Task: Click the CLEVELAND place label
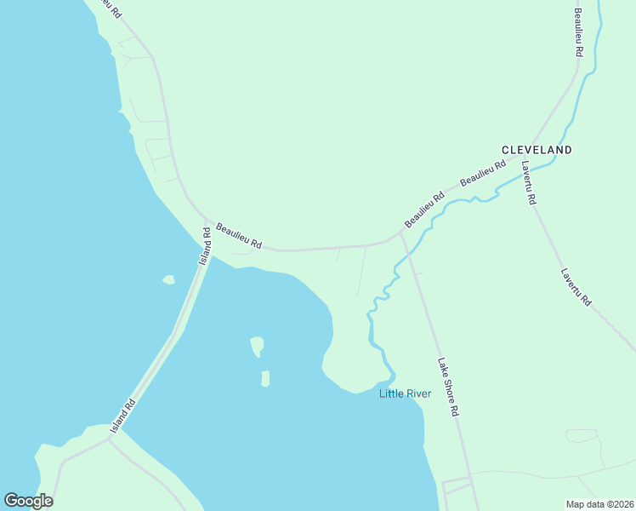point(537,150)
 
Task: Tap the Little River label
point(406,393)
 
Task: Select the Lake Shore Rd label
point(448,387)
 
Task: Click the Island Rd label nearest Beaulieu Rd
point(205,245)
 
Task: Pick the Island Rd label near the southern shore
point(124,416)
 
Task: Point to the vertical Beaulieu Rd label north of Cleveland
point(578,32)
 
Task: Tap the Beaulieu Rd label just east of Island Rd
point(238,236)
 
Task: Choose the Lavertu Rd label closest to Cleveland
point(529,182)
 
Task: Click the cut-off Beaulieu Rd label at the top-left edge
point(108,9)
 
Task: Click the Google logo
point(28,501)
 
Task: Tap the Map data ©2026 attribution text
point(599,504)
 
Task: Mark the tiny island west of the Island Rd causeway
point(169,279)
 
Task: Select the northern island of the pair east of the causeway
point(257,346)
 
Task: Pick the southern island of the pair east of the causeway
point(265,378)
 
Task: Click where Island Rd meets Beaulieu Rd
point(205,219)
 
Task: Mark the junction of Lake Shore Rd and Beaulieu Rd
point(400,231)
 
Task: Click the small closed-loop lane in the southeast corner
point(582,436)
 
